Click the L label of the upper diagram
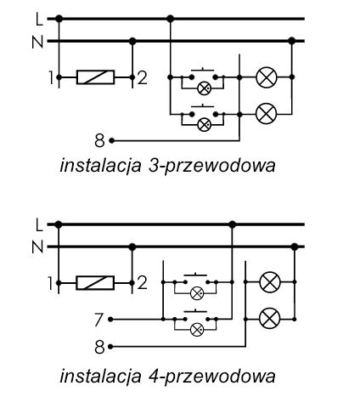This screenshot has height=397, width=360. (x=39, y=20)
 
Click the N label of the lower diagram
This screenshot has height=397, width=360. (x=37, y=247)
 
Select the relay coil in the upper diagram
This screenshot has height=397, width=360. (x=96, y=77)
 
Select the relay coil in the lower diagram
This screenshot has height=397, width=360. (x=95, y=283)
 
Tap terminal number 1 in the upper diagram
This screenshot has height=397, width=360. (x=51, y=77)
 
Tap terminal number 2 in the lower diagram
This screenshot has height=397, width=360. (x=142, y=283)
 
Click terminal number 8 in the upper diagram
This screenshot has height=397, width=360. (x=99, y=140)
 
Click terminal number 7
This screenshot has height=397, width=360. (x=98, y=320)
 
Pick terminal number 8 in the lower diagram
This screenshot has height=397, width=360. (x=99, y=347)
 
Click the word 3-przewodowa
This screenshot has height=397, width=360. (x=211, y=166)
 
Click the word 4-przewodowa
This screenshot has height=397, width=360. (x=211, y=376)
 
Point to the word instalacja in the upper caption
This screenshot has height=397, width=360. (x=100, y=166)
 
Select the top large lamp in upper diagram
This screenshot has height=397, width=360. (x=267, y=77)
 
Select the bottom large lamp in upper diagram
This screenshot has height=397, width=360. (x=267, y=114)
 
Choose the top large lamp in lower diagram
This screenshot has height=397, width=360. (x=270, y=282)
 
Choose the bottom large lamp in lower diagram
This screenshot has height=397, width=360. (x=270, y=318)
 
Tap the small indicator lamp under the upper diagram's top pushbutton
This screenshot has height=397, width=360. (x=204, y=88)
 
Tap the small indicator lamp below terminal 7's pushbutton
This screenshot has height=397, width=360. (x=197, y=330)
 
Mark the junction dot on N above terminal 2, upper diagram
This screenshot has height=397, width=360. (x=132, y=42)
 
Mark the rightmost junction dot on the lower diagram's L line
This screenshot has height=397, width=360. (x=232, y=224)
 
